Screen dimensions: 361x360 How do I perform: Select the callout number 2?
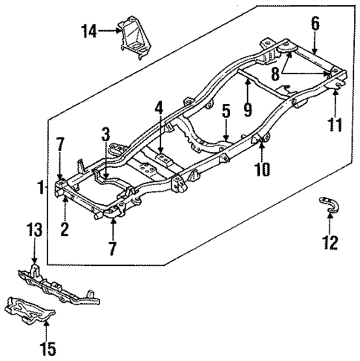click(x=65, y=229)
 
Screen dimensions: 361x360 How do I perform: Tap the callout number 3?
click(x=107, y=134)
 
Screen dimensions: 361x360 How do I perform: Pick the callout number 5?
click(x=226, y=113)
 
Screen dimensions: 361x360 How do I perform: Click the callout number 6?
click(x=315, y=24)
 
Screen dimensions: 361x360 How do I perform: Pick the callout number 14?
click(x=89, y=30)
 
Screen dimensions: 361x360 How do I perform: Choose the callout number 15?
click(x=48, y=347)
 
